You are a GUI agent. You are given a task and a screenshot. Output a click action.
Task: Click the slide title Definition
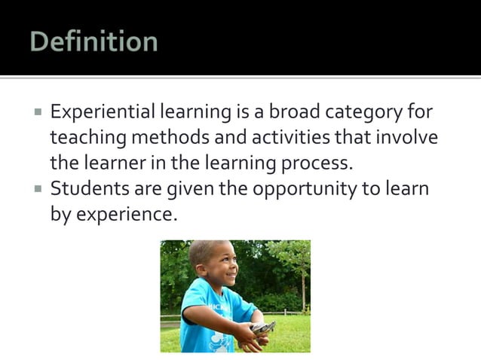point(93,41)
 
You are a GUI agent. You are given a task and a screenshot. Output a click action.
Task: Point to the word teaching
point(85,139)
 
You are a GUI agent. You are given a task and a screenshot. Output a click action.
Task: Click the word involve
point(406,138)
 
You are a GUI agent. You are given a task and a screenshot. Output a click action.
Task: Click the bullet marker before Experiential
point(38,113)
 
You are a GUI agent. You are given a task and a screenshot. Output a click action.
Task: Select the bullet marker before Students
point(38,188)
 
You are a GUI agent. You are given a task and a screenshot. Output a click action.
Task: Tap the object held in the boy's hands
point(262,328)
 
